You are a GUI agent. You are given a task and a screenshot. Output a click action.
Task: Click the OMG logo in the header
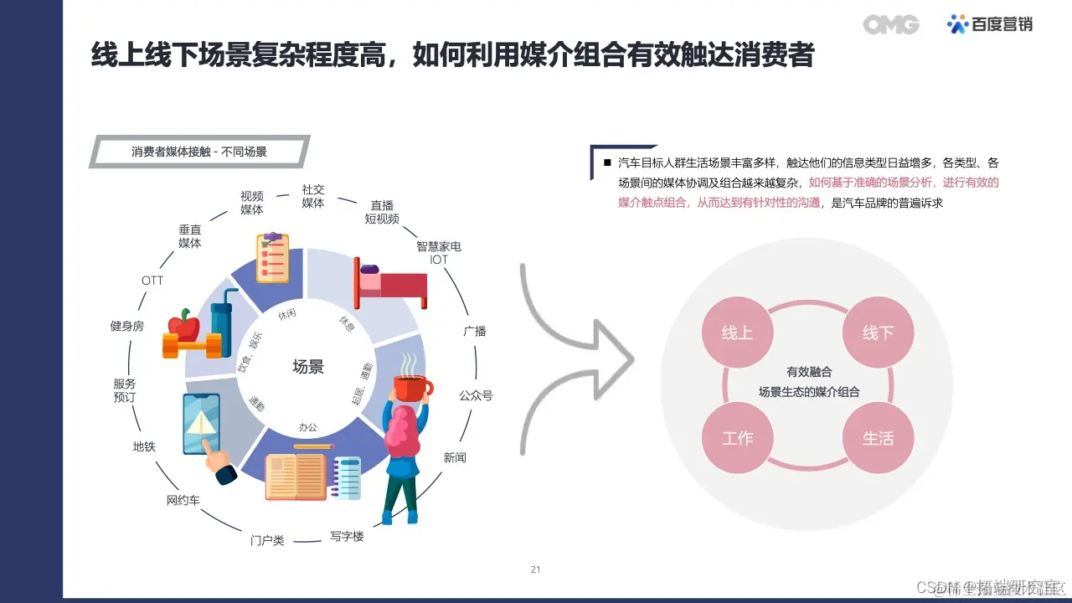tap(891, 24)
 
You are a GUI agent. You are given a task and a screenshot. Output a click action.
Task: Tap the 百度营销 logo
tap(990, 24)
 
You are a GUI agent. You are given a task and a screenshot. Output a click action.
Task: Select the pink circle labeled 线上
tap(737, 333)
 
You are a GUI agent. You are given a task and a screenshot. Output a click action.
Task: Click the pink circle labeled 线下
tap(878, 333)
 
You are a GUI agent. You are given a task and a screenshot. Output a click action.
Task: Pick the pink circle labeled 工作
tap(737, 438)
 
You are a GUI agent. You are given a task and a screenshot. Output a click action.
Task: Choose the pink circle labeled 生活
tap(878, 438)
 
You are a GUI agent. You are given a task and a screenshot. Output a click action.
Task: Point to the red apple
tap(183, 324)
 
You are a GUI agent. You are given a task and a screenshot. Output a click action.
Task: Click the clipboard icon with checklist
tap(272, 257)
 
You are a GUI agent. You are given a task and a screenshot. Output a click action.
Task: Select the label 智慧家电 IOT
tap(439, 253)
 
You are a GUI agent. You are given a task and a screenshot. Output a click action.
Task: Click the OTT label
tap(152, 281)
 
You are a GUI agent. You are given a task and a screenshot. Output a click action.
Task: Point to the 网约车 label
tap(183, 501)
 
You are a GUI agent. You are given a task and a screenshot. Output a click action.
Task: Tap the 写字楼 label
tap(347, 536)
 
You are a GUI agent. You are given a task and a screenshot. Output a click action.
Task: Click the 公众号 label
tap(476, 395)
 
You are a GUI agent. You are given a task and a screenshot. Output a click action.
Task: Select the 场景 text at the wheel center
tap(307, 367)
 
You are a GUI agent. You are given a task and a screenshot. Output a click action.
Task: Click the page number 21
tap(536, 569)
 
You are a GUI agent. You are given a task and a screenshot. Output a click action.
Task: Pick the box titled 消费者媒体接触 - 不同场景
tap(199, 152)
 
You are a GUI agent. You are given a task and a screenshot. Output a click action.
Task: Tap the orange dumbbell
tap(193, 344)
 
